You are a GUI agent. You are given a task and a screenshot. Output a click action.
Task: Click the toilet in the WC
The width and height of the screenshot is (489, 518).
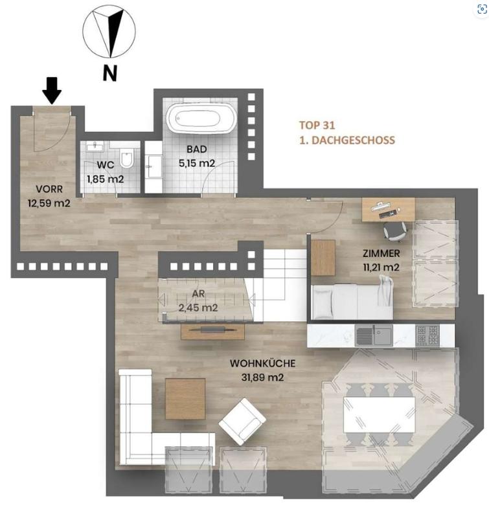[128, 157]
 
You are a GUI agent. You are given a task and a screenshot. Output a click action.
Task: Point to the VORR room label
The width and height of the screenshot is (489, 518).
[49, 190]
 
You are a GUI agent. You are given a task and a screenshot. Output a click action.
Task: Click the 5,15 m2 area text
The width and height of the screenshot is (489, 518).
[197, 164]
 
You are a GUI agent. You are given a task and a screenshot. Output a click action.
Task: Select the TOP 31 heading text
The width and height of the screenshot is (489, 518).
[317, 126]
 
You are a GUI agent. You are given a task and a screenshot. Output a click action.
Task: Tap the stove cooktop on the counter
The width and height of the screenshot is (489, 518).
[427, 335]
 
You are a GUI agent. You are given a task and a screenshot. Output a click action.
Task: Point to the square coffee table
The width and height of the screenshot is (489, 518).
[185, 398]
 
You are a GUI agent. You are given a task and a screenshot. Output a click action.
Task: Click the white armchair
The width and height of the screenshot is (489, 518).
[242, 421]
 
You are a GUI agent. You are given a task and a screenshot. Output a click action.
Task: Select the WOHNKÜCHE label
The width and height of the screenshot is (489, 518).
[258, 363]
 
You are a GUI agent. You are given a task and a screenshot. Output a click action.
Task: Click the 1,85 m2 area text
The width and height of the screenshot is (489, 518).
[105, 178]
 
